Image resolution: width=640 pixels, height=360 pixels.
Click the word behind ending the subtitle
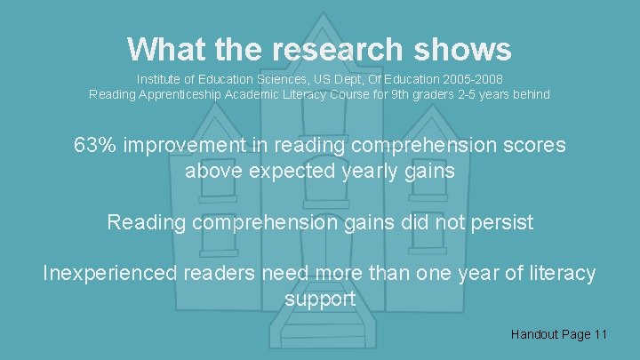pos(531,94)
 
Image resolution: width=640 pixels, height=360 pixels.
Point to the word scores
pos(533,145)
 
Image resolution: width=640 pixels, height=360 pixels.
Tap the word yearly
pos(372,170)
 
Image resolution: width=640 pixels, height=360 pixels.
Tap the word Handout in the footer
pos(536,334)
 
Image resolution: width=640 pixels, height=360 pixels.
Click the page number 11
pos(601,334)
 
